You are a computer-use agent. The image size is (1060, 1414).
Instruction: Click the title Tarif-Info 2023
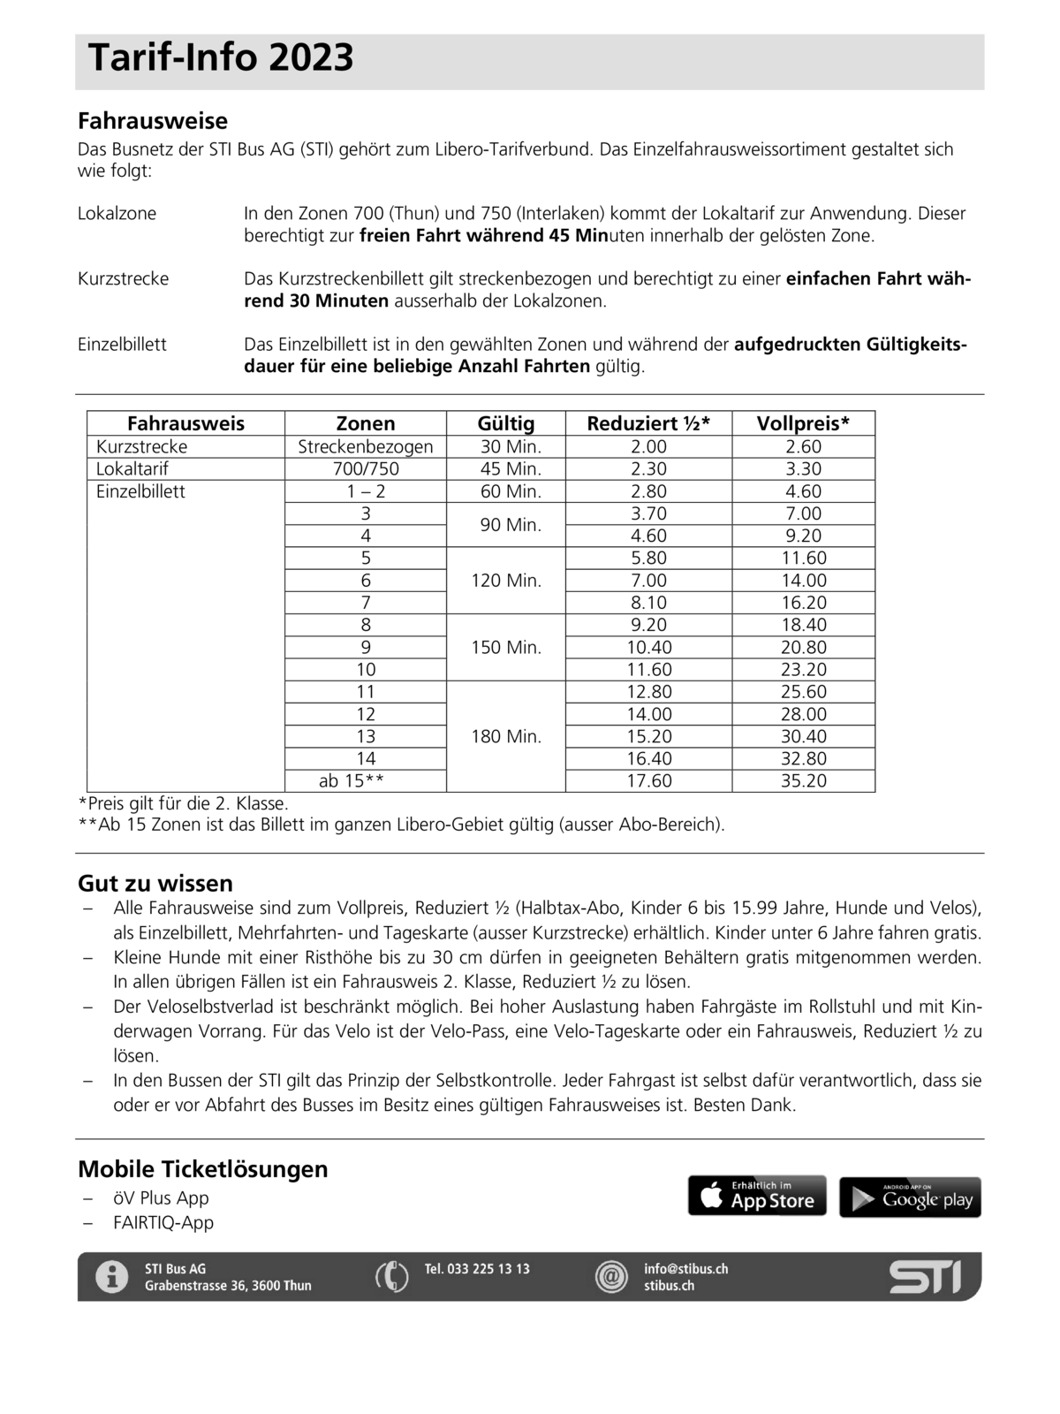point(221,58)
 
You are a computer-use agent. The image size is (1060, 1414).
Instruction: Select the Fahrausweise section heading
point(153,121)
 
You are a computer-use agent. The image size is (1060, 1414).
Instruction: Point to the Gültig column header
point(506,423)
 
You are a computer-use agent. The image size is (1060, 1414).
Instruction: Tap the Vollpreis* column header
point(803,423)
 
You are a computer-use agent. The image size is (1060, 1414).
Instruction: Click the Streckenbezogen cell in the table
point(366,446)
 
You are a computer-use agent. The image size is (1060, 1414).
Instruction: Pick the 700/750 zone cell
point(366,468)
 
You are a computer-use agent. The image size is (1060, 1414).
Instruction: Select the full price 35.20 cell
point(803,780)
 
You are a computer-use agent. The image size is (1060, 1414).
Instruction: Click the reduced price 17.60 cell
point(649,780)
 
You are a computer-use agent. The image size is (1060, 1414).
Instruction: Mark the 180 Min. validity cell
point(506,736)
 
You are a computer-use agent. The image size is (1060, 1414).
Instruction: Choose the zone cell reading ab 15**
point(352,780)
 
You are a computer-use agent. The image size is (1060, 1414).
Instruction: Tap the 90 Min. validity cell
point(506,525)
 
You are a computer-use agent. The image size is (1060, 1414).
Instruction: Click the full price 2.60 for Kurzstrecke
point(803,446)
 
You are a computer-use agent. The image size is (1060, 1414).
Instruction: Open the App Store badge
point(757,1196)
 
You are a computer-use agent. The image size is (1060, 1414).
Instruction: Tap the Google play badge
point(910,1197)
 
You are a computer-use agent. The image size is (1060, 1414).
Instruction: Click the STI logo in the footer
point(925,1277)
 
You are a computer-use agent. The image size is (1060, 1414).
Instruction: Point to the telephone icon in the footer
point(392,1277)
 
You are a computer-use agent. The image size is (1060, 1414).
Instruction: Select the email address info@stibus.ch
point(685,1268)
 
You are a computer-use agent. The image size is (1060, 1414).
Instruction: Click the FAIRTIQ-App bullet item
point(163,1222)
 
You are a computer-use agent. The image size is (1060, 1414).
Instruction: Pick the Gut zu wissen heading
point(155,883)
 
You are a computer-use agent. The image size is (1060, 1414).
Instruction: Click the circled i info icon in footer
point(112,1277)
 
